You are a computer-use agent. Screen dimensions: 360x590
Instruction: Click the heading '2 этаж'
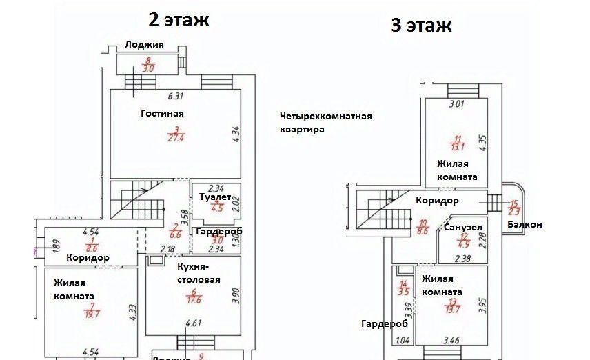tap(179, 19)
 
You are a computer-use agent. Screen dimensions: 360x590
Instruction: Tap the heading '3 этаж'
tap(420, 26)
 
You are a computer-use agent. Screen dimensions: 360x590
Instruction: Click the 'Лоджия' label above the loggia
tap(144, 45)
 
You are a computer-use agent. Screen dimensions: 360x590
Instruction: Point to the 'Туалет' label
tap(213, 197)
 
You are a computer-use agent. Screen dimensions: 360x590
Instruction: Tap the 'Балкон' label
tap(525, 225)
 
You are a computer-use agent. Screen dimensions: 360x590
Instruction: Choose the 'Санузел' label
tap(462, 227)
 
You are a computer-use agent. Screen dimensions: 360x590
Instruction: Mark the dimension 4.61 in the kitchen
tap(182, 323)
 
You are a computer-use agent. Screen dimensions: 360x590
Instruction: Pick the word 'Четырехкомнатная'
tap(326, 116)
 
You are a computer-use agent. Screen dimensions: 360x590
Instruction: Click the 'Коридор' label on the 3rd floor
tap(437, 201)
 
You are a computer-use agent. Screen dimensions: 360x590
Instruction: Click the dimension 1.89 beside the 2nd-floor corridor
tap(38, 246)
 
